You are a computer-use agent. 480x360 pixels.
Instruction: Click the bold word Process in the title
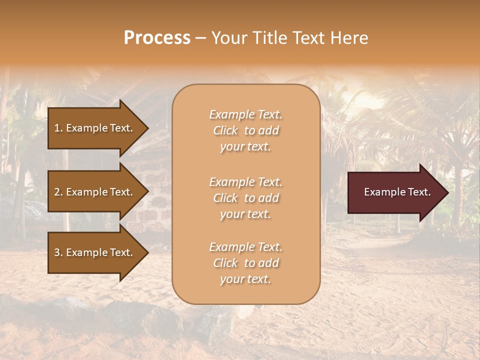click(x=157, y=38)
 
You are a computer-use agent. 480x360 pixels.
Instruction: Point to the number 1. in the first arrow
click(x=58, y=128)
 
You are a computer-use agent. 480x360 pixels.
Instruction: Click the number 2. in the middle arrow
click(x=58, y=192)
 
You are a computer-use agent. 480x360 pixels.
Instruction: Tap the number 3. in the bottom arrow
click(x=58, y=252)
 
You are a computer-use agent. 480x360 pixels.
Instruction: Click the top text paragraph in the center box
click(x=245, y=130)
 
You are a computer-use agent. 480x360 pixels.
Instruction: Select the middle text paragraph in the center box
click(x=245, y=198)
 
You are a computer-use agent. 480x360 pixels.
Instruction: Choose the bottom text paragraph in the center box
click(x=245, y=263)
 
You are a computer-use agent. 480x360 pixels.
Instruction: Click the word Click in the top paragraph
click(x=225, y=130)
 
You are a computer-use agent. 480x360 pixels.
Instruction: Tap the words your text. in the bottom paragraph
click(x=245, y=279)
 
